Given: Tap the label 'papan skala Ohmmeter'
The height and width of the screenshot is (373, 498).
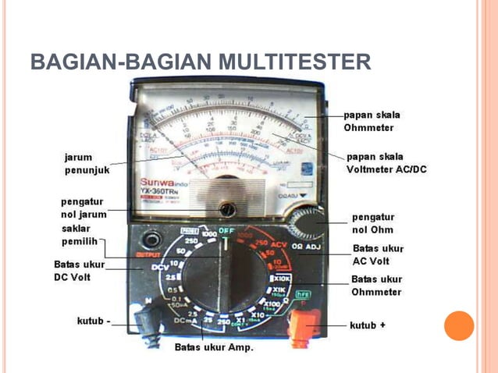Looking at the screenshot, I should [372, 121].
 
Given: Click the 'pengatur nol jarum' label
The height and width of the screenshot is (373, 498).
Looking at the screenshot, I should [82, 208].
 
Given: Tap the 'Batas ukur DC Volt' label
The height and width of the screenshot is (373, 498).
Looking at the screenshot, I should [79, 271].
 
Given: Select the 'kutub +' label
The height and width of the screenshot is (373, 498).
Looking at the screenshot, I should [367, 325].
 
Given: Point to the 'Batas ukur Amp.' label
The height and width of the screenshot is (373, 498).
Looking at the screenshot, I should [214, 347].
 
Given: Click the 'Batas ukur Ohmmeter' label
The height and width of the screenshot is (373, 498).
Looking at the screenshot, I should [376, 286].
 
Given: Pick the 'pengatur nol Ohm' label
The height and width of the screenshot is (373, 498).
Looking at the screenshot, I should [373, 223].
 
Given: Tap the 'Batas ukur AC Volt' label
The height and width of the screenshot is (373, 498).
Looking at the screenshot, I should [377, 254].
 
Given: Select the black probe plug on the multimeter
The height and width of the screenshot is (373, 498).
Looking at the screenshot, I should [147, 321].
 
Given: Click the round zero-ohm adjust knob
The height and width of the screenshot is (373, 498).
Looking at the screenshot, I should [306, 225].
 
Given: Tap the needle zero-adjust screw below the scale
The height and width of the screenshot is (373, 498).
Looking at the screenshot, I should [227, 208].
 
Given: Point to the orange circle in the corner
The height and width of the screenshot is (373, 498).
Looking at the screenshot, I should [459, 325].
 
